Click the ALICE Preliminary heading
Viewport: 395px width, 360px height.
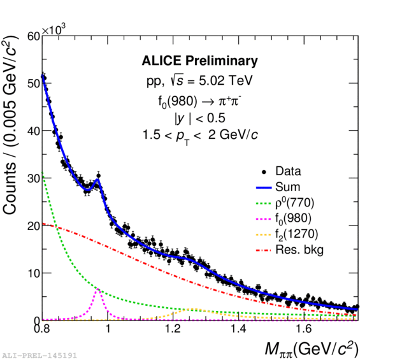click(199, 61)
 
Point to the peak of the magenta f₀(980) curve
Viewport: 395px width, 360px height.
click(99, 289)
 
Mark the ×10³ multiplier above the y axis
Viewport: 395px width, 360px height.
click(54, 29)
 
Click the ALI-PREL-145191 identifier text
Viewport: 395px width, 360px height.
click(39, 355)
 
